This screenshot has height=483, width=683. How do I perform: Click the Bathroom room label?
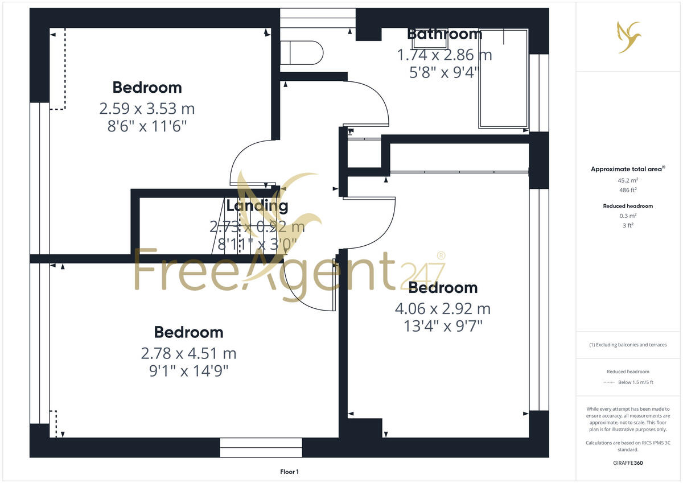[x=445, y=34]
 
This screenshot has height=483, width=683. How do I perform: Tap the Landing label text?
[x=257, y=206]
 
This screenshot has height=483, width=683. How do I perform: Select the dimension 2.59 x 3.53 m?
[x=147, y=108]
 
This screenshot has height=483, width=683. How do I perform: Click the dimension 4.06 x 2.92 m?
[x=442, y=309]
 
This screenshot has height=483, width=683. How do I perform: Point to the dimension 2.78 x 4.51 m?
[x=188, y=353]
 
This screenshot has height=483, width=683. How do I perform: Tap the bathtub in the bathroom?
[x=504, y=80]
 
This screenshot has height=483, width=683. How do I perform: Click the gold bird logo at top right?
[x=629, y=36]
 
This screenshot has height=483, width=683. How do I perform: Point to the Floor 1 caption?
[x=289, y=472]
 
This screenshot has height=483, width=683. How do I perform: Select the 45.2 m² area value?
[x=629, y=180]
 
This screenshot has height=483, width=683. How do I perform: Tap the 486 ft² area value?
[x=629, y=189]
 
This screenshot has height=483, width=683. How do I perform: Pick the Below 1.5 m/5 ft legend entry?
[x=636, y=382]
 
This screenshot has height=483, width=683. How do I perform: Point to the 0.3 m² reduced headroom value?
[x=629, y=216]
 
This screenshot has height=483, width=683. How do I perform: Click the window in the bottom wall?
[x=261, y=448]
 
